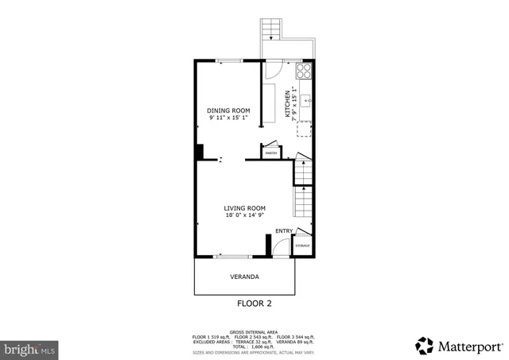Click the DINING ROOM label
(228, 110)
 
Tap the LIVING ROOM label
(244, 207)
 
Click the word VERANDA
(244, 277)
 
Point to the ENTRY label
(283, 231)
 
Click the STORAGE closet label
(303, 246)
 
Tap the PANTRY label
(270, 152)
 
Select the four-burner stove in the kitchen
(304, 70)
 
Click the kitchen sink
(306, 101)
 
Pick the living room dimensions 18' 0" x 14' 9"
(244, 215)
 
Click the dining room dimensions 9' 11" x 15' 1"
(228, 118)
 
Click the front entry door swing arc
(279, 247)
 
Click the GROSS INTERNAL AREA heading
(254, 331)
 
